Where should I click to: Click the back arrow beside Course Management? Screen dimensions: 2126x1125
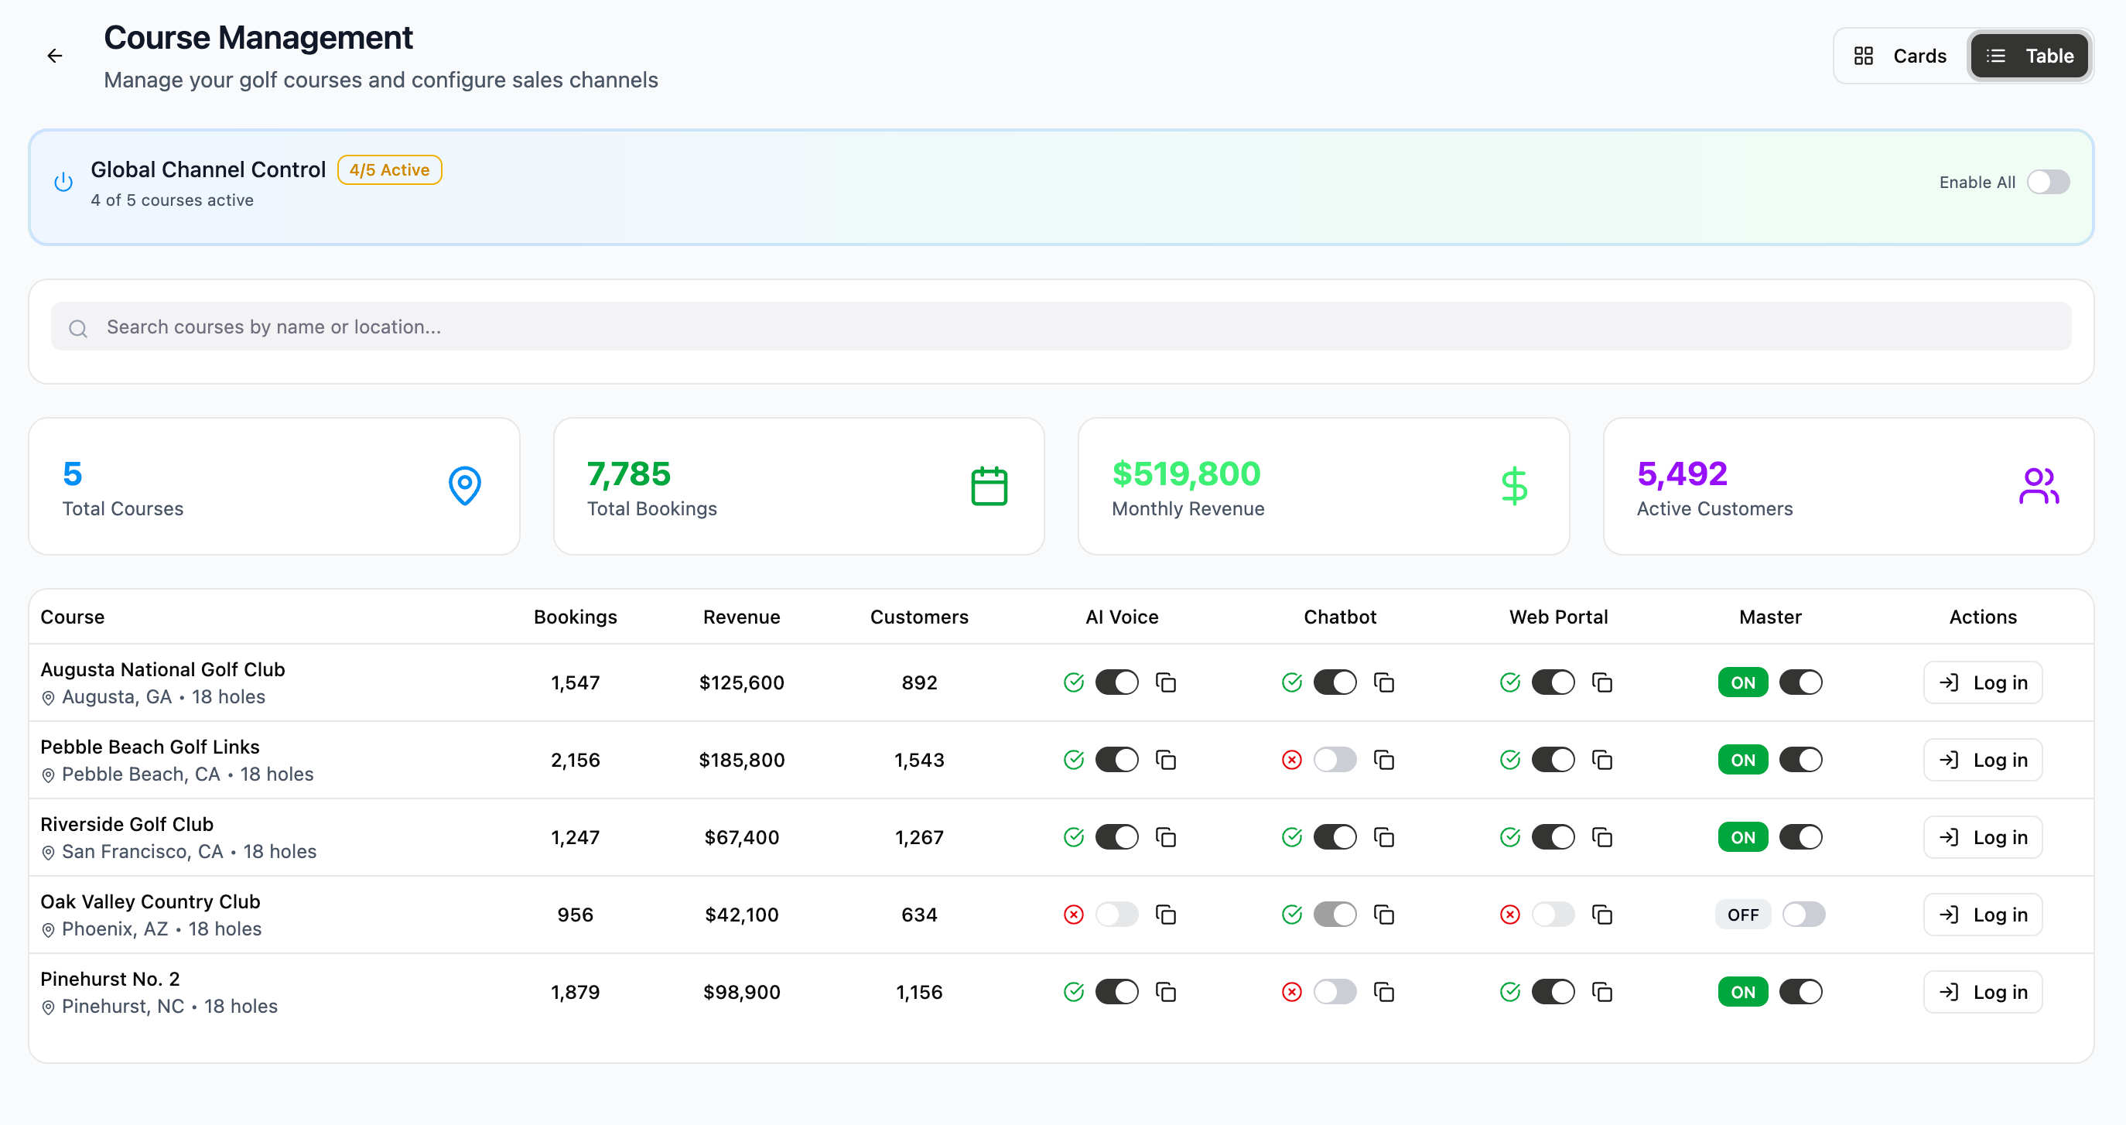pyautogui.click(x=54, y=56)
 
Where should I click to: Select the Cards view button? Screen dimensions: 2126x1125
pyautogui.click(x=1901, y=56)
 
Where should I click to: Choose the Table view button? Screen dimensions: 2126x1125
pyautogui.click(x=2029, y=56)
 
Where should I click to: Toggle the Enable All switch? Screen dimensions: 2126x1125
pyautogui.click(x=2049, y=182)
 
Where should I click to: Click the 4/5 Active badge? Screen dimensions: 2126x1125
pyautogui.click(x=390, y=170)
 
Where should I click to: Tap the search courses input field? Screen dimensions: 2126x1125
pyautogui.click(x=1061, y=327)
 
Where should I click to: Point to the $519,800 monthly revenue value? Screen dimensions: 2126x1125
pyautogui.click(x=1186, y=474)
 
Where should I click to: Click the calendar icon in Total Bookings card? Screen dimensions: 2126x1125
pyautogui.click(x=989, y=486)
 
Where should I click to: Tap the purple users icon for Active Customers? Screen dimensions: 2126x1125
pyautogui.click(x=2039, y=486)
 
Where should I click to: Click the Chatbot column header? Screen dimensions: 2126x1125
pyautogui.click(x=1339, y=617)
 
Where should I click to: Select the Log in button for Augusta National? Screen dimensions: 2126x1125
pyautogui.click(x=1982, y=682)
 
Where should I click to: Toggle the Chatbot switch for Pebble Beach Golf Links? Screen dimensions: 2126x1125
pyautogui.click(x=1335, y=760)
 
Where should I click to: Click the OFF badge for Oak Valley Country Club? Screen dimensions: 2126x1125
pyautogui.click(x=1743, y=915)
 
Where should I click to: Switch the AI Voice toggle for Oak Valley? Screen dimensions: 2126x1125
pyautogui.click(x=1116, y=915)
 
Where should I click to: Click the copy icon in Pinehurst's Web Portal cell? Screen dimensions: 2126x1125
pyautogui.click(x=1602, y=992)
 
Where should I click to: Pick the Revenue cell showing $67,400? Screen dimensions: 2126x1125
pyautogui.click(x=741, y=838)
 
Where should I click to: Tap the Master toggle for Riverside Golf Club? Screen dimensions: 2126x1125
pyautogui.click(x=1801, y=838)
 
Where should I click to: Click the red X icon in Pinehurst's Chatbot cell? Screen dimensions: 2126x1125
pyautogui.click(x=1291, y=992)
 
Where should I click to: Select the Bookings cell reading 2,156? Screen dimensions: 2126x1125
pyautogui.click(x=576, y=760)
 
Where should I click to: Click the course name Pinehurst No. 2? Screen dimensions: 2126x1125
pyautogui.click(x=110, y=979)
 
